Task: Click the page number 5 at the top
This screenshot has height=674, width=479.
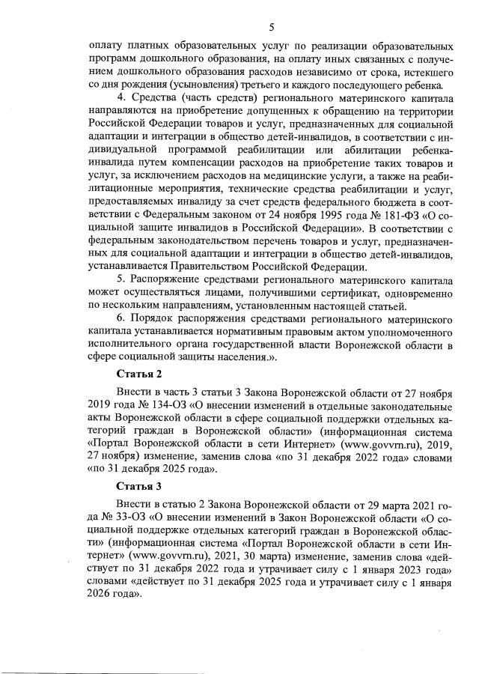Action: (x=271, y=28)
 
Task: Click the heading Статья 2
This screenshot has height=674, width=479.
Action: (x=139, y=373)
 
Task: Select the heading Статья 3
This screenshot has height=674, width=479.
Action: (x=139, y=485)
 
